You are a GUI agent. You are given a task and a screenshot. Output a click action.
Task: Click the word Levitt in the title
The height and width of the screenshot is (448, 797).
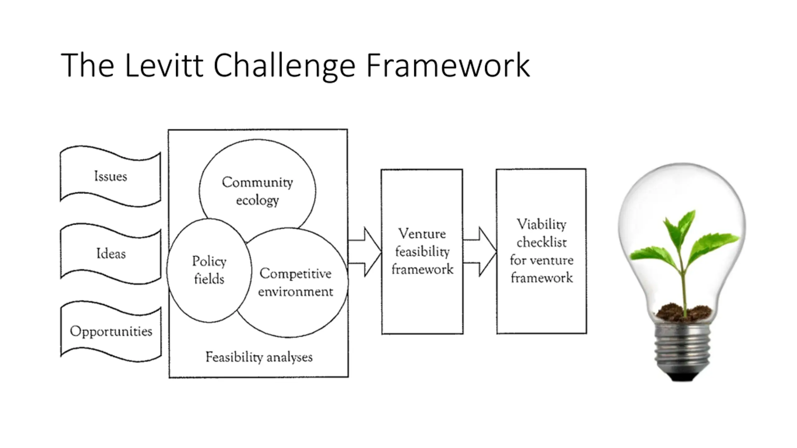(x=164, y=65)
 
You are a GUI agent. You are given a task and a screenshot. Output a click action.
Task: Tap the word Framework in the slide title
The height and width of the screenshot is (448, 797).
(x=448, y=65)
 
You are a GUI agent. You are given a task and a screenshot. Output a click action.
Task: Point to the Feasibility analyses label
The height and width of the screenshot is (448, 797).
(x=259, y=357)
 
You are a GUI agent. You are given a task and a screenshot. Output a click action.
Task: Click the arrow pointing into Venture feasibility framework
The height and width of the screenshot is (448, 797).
(x=365, y=252)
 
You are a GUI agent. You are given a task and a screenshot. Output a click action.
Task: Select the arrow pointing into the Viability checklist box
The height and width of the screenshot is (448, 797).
(x=479, y=252)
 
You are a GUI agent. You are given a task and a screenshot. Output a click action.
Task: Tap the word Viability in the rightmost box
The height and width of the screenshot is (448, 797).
(x=541, y=224)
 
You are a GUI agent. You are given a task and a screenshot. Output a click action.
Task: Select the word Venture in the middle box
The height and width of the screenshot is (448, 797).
(x=422, y=234)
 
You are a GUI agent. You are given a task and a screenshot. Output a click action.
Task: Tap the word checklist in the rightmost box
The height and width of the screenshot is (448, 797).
(x=542, y=242)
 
